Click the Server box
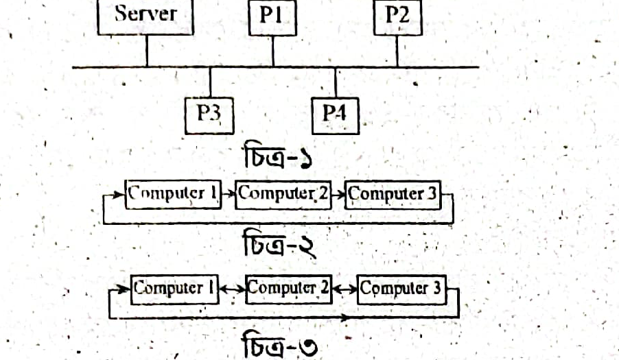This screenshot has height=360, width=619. tap(145, 17)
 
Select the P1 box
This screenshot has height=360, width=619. tap(272, 18)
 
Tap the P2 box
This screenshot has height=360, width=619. tap(397, 18)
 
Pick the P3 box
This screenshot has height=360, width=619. tap(209, 116)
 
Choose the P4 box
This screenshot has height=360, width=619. tap(335, 116)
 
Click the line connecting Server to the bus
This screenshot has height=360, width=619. tap(147, 51)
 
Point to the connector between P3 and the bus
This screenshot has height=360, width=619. tap(210, 82)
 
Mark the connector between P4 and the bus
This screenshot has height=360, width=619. tap(336, 82)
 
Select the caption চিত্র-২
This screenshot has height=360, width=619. tap(279, 243)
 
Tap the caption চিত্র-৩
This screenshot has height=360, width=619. tap(279, 345)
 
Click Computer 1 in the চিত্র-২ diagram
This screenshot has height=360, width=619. tap(173, 194)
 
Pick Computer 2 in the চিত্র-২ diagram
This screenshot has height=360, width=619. tap(283, 194)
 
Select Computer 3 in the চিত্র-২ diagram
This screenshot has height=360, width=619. tap(393, 194)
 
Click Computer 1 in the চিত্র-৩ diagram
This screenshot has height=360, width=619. tap(174, 289)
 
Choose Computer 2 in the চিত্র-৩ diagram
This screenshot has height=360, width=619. tap(289, 289)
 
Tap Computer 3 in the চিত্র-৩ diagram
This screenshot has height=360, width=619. tap(401, 290)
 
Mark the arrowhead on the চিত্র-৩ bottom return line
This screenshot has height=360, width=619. tap(344, 317)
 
